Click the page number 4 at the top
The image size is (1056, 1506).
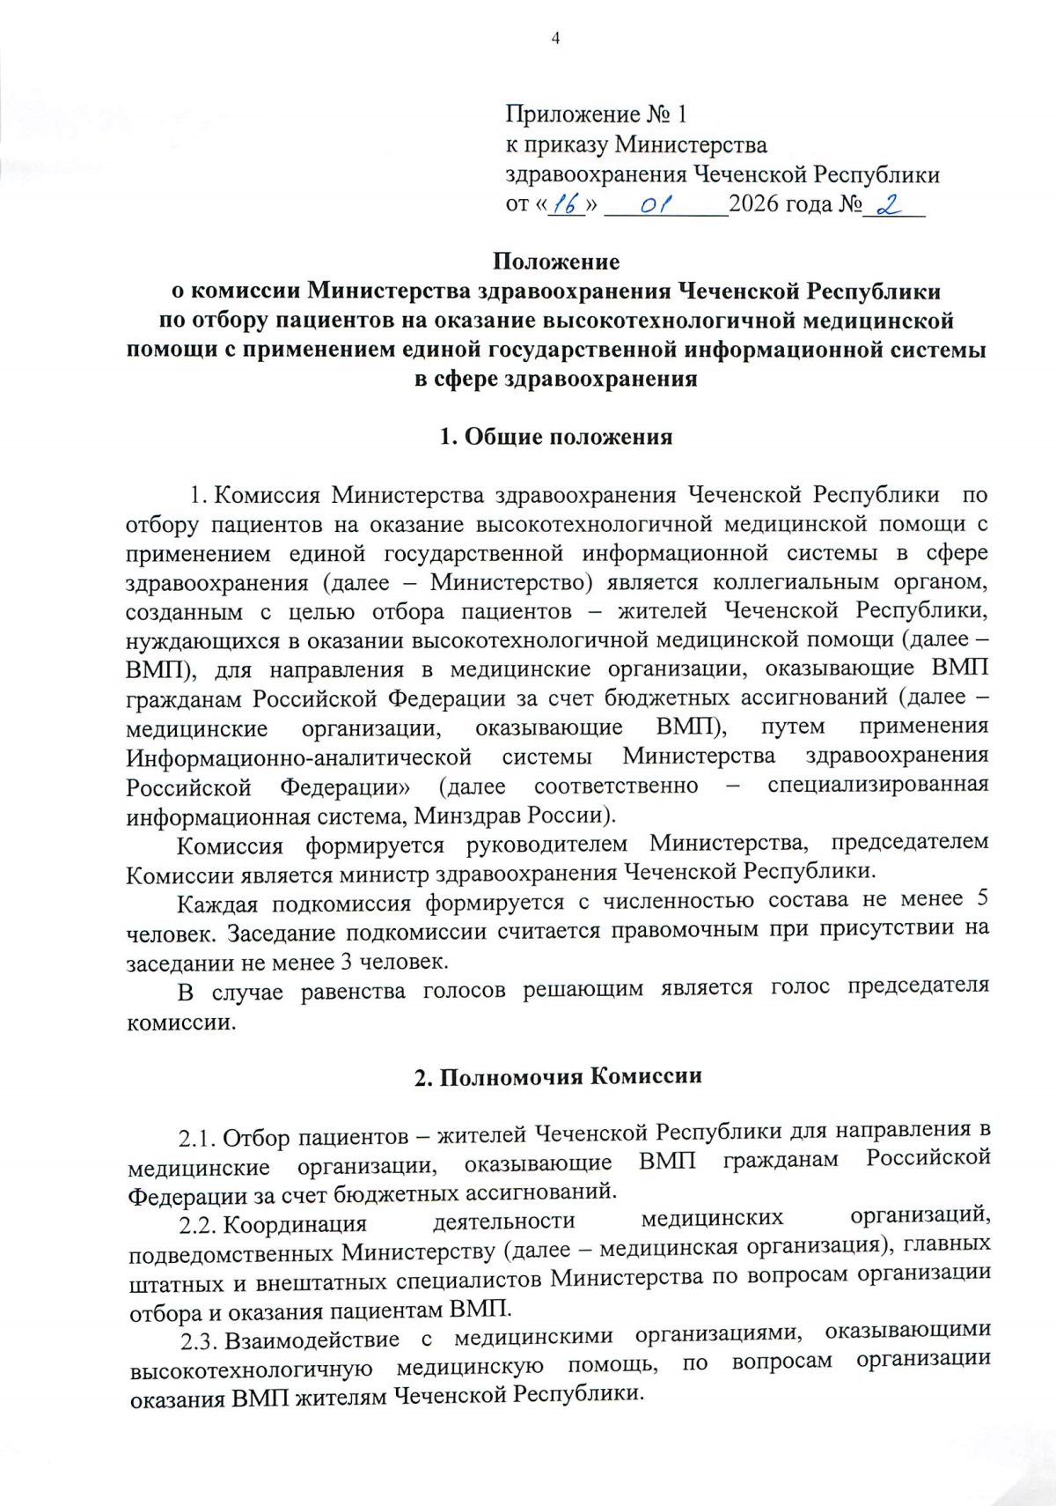coord(555,38)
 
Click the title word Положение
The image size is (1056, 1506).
coord(555,262)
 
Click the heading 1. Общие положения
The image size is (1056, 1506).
coord(556,437)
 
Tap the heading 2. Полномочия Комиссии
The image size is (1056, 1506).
coord(558,1076)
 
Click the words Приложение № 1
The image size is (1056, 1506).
coord(597,114)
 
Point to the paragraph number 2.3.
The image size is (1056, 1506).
coord(199,1342)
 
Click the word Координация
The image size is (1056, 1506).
coord(295,1224)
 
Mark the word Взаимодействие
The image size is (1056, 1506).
coord(312,1340)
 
